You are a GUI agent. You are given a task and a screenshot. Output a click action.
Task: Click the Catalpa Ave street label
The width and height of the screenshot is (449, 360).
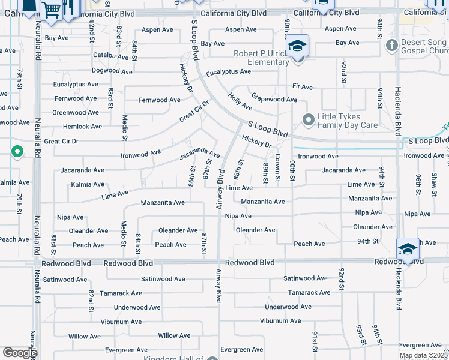click(x=111, y=56)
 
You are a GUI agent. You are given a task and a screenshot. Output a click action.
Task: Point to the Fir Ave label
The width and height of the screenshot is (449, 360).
click(x=303, y=87)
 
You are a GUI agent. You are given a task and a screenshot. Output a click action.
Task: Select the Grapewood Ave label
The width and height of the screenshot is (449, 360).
click(x=274, y=99)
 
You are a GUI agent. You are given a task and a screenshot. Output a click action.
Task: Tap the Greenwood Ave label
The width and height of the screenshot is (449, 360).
click(x=76, y=112)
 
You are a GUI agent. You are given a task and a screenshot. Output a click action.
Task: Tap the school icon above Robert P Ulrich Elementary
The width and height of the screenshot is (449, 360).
click(x=297, y=46)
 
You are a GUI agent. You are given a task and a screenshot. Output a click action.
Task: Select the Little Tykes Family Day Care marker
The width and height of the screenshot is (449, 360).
click(x=309, y=121)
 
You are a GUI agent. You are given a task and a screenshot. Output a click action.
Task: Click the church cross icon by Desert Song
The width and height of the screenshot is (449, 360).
click(x=391, y=45)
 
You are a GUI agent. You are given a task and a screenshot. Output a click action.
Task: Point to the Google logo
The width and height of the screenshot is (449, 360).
click(x=20, y=353)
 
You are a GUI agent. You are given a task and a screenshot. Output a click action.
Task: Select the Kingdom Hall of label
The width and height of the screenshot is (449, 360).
click(x=173, y=359)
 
